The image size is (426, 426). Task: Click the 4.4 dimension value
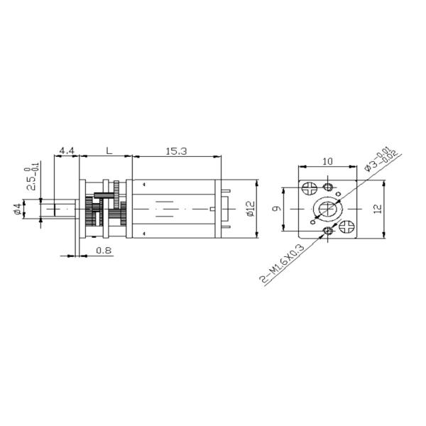click(67, 151)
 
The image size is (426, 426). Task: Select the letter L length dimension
click(107, 151)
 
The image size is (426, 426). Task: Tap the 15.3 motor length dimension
click(175, 151)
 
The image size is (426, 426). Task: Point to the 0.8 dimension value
click(103, 249)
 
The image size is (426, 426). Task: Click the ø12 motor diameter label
click(249, 209)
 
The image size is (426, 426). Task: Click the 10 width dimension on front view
click(327, 162)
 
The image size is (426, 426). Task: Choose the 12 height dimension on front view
click(378, 209)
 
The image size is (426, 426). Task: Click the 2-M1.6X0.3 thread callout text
click(283, 263)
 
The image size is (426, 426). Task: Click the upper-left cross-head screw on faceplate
click(309, 189)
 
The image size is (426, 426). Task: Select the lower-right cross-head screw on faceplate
click(347, 228)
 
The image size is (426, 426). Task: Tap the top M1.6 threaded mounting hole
click(328, 186)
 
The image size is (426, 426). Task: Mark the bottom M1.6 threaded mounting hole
click(328, 231)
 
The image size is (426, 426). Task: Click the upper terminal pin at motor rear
click(226, 190)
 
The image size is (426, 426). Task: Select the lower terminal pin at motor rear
click(226, 229)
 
